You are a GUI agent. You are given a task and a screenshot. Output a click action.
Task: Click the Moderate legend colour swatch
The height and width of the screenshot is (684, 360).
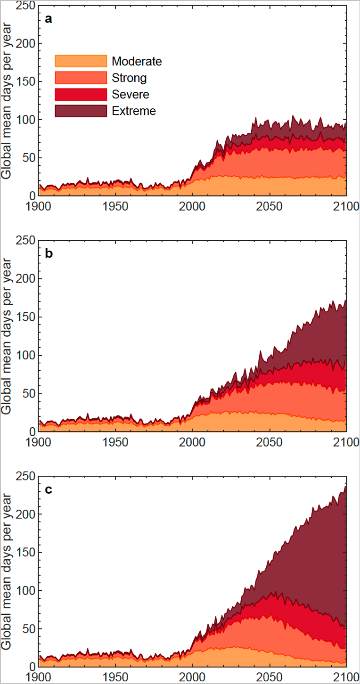click(x=81, y=61)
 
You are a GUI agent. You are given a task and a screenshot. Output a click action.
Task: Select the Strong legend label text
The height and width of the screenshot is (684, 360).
click(x=129, y=78)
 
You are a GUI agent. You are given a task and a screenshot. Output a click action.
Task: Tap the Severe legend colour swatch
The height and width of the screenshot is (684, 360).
click(x=81, y=94)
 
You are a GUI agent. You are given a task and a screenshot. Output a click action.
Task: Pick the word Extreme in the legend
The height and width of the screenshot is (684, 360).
click(x=134, y=111)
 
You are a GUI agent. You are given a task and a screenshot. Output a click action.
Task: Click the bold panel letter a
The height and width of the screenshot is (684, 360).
click(x=48, y=19)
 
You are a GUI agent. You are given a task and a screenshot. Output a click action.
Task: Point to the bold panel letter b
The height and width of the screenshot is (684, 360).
click(x=48, y=254)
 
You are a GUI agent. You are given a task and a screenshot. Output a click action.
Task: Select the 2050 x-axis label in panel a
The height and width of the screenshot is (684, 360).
click(x=270, y=206)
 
